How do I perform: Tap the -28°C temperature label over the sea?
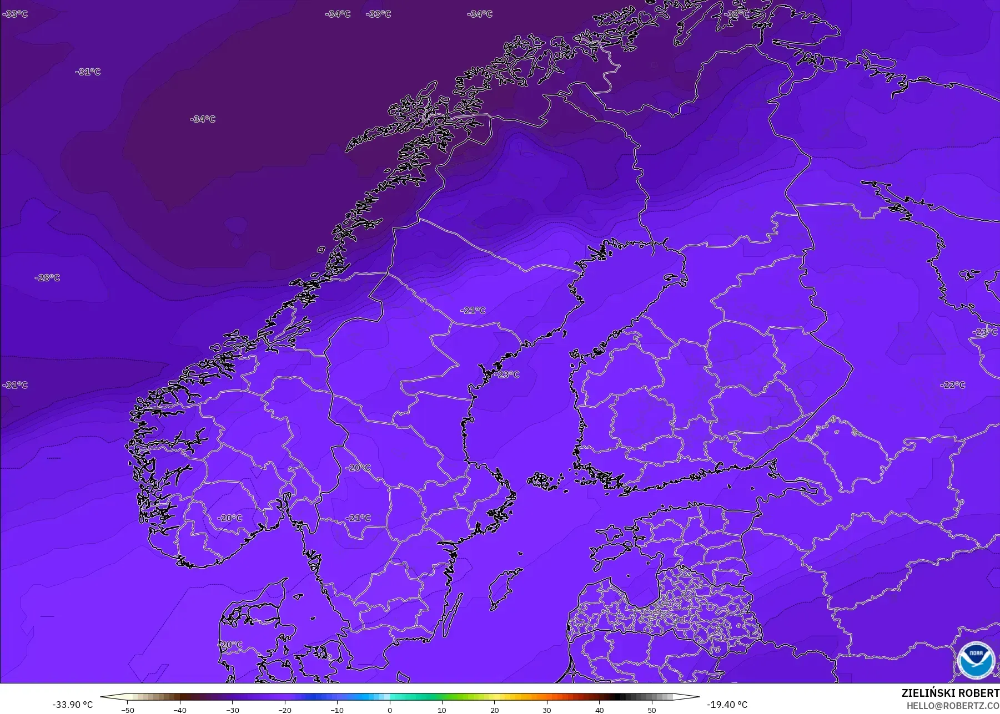(47, 277)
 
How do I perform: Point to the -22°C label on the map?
(952, 385)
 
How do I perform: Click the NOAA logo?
(976, 660)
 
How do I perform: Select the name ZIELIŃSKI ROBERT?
(950, 693)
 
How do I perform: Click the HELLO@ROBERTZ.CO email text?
(953, 706)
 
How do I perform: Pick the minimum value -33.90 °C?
(72, 705)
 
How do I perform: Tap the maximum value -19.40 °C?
(727, 705)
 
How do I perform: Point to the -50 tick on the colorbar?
(128, 710)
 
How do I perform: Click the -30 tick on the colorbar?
(233, 710)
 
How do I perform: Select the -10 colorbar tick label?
(337, 710)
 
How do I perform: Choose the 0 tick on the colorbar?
(390, 710)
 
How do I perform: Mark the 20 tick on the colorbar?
(494, 710)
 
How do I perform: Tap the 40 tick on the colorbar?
(599, 710)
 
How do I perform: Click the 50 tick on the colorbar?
(651, 710)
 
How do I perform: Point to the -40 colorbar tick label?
(180, 710)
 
